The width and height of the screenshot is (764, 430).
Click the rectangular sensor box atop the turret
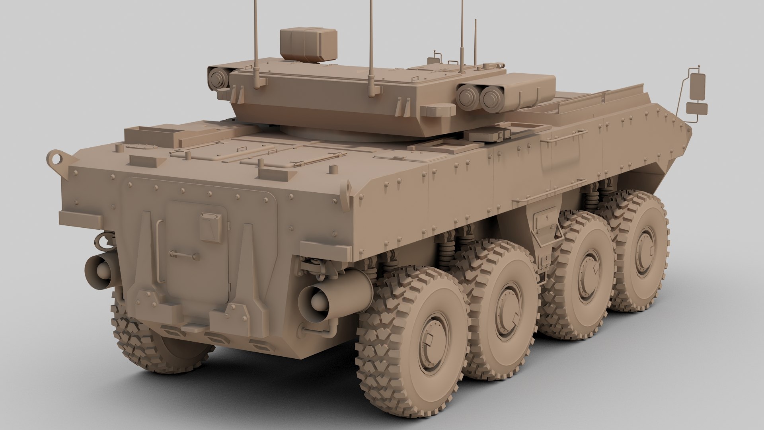tap(308, 45)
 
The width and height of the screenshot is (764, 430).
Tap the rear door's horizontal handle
tap(184, 254)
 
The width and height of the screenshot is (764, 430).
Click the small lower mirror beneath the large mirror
tap(697, 108)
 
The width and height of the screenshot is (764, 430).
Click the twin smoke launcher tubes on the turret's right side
tap(477, 96)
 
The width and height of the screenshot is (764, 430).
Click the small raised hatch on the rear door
tap(210, 227)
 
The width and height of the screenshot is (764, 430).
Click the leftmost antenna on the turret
tap(254, 40)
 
